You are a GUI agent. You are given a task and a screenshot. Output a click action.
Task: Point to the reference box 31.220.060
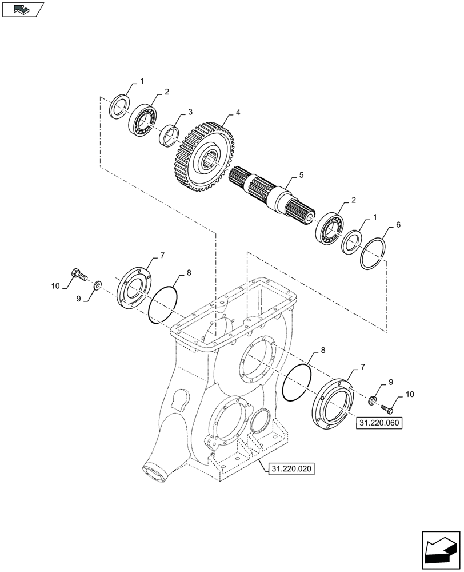379,423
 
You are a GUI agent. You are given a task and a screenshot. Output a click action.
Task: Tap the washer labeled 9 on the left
98,284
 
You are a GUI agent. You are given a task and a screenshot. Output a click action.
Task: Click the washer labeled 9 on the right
373,399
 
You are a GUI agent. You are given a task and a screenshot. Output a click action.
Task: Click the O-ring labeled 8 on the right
297,383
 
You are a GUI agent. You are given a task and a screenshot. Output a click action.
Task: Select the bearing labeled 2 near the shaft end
330,228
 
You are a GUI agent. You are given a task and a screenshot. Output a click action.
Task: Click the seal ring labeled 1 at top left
119,106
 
